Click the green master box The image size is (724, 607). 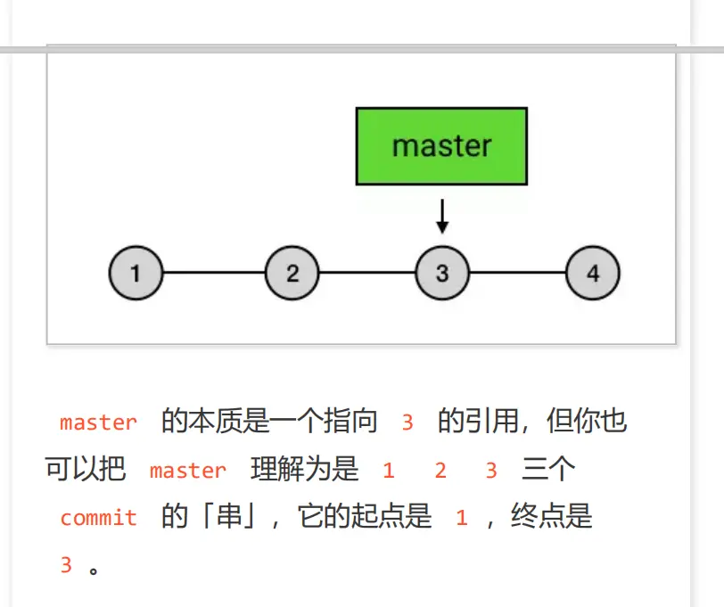pyautogui.click(x=441, y=146)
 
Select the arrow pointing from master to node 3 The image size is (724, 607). pyautogui.click(x=442, y=216)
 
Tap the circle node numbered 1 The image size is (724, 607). pyautogui.click(x=136, y=273)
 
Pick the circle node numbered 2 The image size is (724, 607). pyautogui.click(x=292, y=273)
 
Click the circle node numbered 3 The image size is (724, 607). pyautogui.click(x=442, y=273)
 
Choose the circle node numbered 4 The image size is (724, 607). pyautogui.click(x=593, y=273)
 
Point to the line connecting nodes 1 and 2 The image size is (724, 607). pyautogui.click(x=214, y=273)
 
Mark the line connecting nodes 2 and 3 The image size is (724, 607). pyautogui.click(x=367, y=273)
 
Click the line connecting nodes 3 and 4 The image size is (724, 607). pyautogui.click(x=518, y=273)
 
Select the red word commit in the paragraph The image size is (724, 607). pyautogui.click(x=98, y=518)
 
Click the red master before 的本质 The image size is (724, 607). pyautogui.click(x=98, y=422)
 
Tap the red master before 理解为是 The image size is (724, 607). pyautogui.click(x=188, y=471)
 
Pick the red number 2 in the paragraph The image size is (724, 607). pyautogui.click(x=440, y=471)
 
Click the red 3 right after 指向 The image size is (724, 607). pyautogui.click(x=407, y=422)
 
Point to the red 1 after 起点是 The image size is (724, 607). pyautogui.click(x=461, y=518)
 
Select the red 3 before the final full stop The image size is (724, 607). pyautogui.click(x=66, y=565)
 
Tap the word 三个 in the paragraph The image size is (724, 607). pyautogui.click(x=549, y=470)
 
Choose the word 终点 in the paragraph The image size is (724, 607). pyautogui.click(x=538, y=517)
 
